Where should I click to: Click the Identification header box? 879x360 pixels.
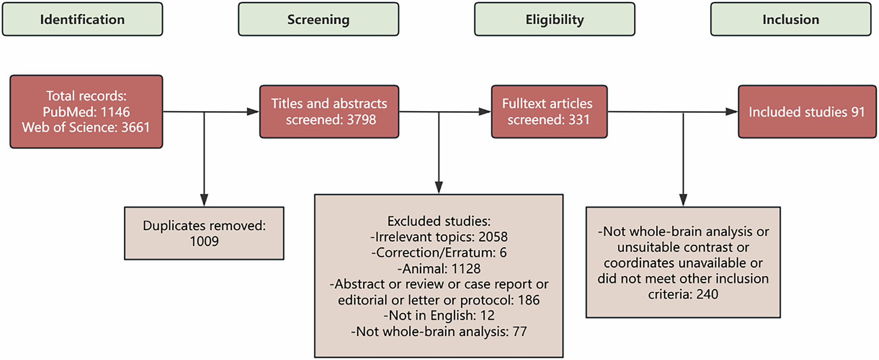tap(82, 19)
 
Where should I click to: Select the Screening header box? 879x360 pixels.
tap(318, 19)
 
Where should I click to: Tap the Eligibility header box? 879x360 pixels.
tap(555, 19)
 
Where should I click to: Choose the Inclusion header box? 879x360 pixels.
tap(790, 19)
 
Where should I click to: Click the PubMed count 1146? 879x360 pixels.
tap(115, 112)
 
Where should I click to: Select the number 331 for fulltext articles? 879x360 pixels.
tap(579, 120)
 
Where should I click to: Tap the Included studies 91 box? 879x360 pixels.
tap(806, 112)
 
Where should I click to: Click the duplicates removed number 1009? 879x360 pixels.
tap(204, 241)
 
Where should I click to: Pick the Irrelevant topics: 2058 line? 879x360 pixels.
tap(438, 237)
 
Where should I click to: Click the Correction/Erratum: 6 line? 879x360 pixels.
tap(438, 252)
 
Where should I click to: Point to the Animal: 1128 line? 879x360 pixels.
tap(438, 268)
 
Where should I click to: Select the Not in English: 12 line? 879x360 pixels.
tap(438, 316)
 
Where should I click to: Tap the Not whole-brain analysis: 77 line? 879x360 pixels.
tap(438, 332)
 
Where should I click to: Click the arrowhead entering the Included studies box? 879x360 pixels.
tap(731, 112)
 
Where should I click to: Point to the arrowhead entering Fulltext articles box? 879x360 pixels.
tap(485, 112)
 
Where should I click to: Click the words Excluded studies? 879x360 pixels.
tap(438, 221)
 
